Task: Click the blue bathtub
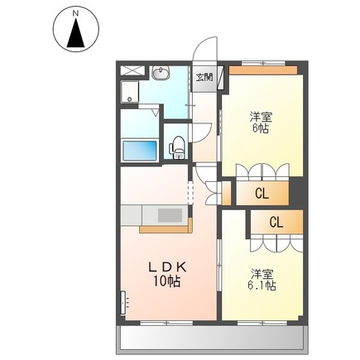[x=141, y=151]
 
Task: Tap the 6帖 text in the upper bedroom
[x=261, y=128]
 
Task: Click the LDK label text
[x=169, y=266]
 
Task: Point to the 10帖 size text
[x=169, y=281]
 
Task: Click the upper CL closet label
[x=261, y=194]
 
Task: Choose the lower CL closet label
[x=276, y=222]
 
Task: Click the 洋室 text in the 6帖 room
[x=261, y=116]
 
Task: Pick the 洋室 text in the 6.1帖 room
[x=263, y=272]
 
